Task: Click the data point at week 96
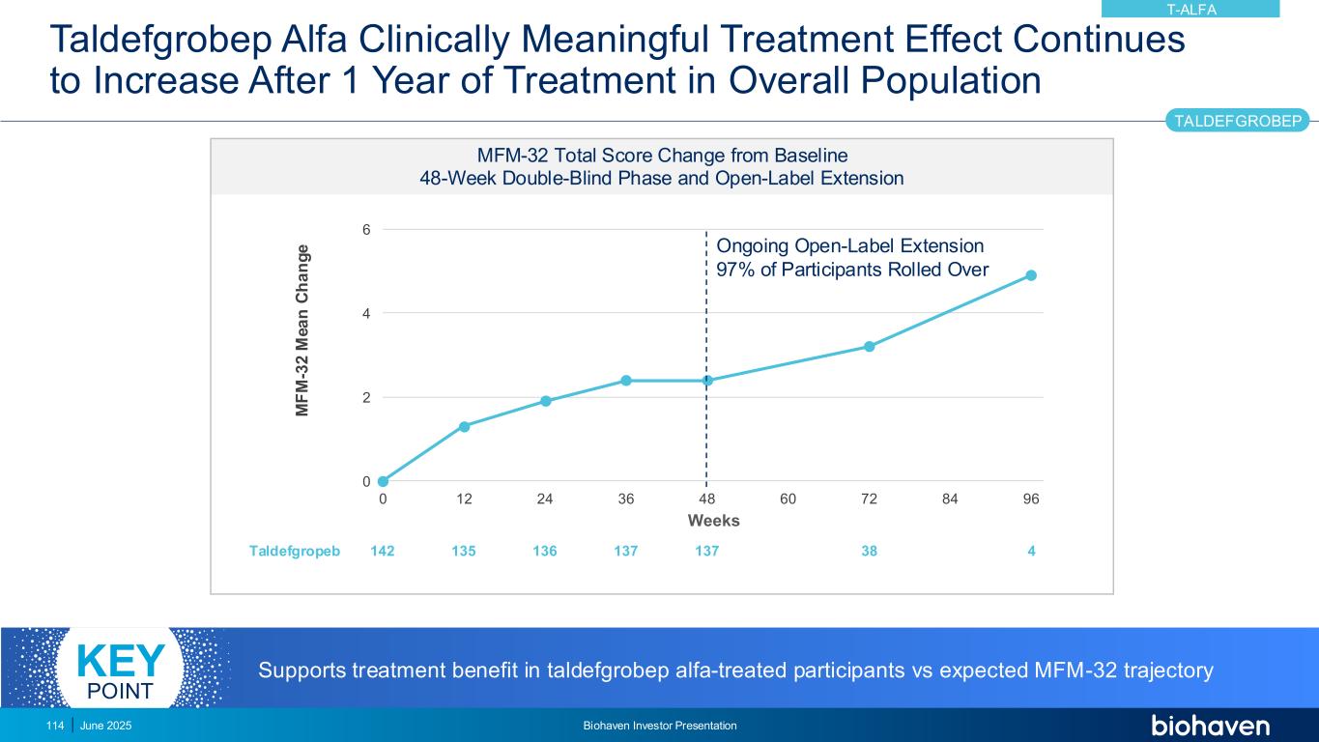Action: [x=1031, y=275]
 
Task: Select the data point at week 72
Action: [x=870, y=346]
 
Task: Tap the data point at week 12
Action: [x=464, y=426]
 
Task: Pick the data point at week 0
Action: [x=383, y=481]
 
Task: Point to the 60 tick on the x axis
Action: [x=788, y=499]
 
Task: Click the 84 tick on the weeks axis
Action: [x=950, y=499]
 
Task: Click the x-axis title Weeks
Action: [x=713, y=521]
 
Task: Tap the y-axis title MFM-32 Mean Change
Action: [x=303, y=331]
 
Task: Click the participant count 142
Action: [x=383, y=551]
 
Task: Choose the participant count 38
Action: [x=870, y=551]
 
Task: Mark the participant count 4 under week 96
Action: [x=1032, y=551]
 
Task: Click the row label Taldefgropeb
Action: [x=295, y=551]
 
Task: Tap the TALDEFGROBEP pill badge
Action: [x=1237, y=121]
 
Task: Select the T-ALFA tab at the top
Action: [x=1190, y=10]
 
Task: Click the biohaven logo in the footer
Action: [x=1210, y=726]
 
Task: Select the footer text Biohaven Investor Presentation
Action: [x=660, y=726]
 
